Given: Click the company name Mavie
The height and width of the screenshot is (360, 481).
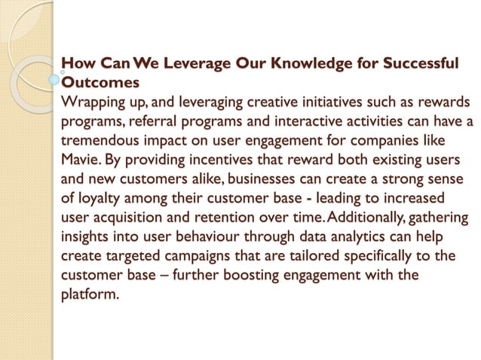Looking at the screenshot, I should [79, 160].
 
